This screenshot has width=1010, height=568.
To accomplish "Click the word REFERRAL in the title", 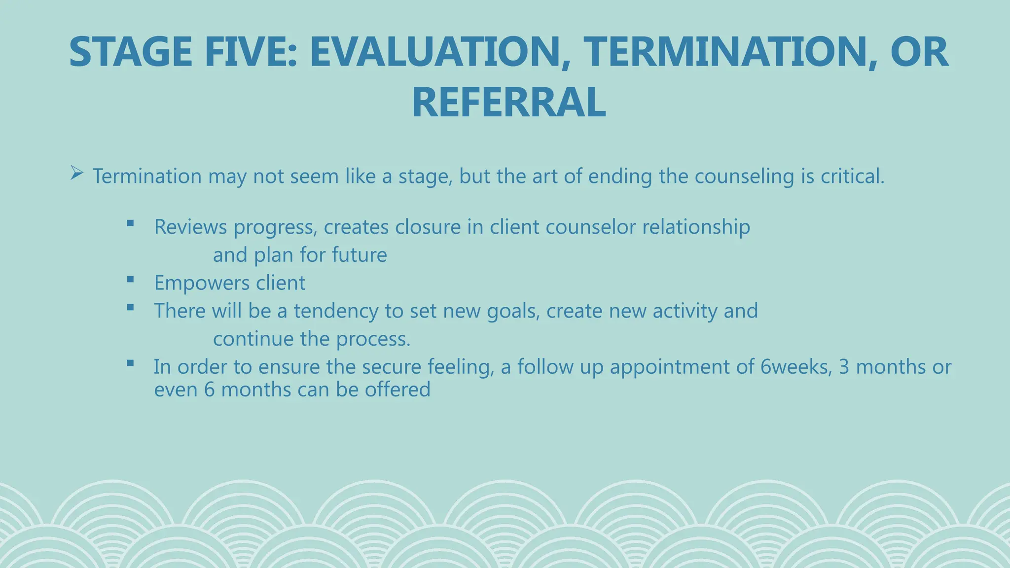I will click(x=508, y=103).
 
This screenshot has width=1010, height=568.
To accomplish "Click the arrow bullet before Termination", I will click(x=76, y=173).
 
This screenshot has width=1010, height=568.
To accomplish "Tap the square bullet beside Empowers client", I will click(x=130, y=280).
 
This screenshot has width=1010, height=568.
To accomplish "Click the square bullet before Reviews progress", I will click(x=130, y=223).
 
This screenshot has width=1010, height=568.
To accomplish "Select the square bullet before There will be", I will click(x=130, y=308).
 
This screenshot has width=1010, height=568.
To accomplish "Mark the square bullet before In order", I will click(x=130, y=364).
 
